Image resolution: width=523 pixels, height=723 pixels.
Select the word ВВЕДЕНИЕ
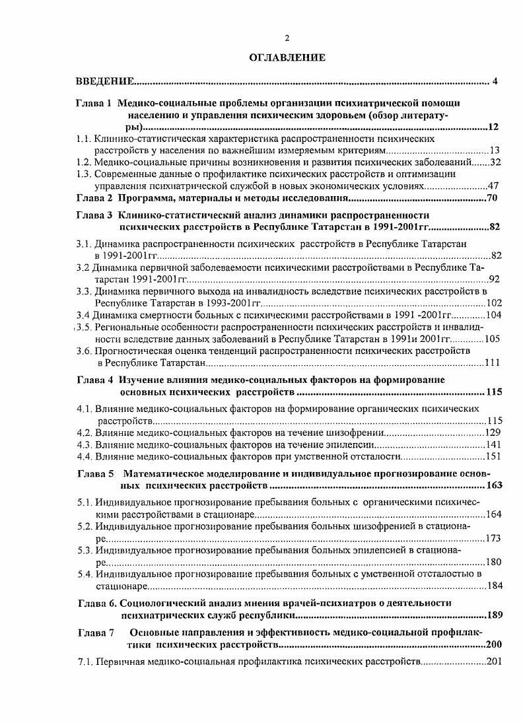click(x=106, y=82)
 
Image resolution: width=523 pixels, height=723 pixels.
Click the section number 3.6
click(x=83, y=351)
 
